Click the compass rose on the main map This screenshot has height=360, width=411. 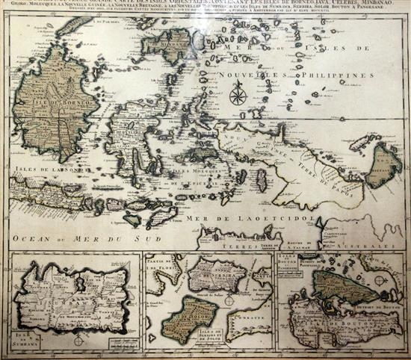(239, 95)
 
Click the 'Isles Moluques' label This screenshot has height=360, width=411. (190, 173)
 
